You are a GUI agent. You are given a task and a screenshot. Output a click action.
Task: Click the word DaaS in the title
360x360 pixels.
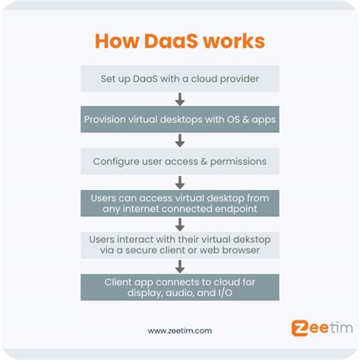(171, 41)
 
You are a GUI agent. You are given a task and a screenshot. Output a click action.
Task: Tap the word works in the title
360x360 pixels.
(235, 41)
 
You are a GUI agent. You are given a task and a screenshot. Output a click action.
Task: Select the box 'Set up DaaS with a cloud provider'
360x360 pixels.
(180, 78)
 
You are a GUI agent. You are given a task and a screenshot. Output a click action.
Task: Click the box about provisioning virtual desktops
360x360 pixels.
(180, 119)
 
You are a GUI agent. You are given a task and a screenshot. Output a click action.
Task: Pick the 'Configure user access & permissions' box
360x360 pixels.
(180, 161)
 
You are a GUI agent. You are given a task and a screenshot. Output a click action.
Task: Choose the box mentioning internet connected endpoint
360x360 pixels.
(180, 204)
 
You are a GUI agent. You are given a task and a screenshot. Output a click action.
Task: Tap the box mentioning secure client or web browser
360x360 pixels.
(180, 245)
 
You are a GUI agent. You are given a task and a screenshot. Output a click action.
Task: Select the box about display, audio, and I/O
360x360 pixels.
(180, 287)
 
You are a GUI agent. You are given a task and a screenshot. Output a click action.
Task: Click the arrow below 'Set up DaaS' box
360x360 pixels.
(180, 99)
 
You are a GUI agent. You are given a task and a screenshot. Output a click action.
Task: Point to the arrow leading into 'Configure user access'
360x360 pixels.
(180, 141)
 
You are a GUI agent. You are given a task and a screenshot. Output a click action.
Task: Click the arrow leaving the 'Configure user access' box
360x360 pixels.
(180, 182)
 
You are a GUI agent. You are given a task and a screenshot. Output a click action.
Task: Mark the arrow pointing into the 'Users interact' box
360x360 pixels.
(180, 225)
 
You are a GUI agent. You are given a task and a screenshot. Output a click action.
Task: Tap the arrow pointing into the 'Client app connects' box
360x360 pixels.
(180, 267)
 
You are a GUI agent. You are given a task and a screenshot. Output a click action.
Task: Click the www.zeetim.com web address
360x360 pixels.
(180, 330)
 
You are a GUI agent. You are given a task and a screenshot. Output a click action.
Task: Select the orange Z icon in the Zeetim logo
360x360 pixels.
(299, 328)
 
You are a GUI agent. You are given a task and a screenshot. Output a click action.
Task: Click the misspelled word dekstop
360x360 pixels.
(252, 240)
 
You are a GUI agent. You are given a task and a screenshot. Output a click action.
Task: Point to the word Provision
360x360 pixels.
(105, 119)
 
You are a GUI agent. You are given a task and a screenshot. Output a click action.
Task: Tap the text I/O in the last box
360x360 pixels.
(225, 293)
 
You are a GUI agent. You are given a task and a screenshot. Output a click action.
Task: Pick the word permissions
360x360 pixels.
(238, 162)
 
